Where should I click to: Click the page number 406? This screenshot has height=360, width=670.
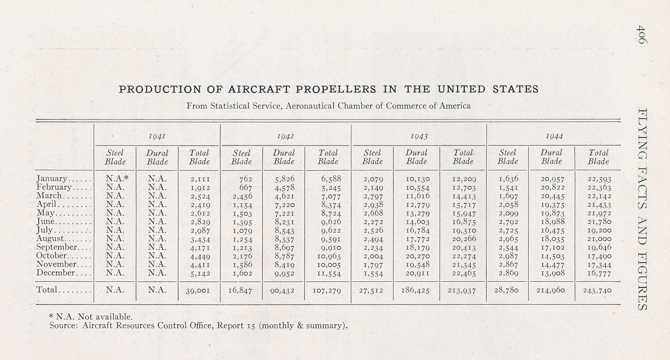[x=642, y=35]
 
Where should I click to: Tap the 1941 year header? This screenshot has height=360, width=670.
[x=157, y=136]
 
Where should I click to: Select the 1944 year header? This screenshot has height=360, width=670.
[x=554, y=136]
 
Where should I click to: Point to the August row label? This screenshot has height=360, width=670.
[x=50, y=239]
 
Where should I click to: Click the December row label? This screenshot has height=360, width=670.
[x=55, y=273]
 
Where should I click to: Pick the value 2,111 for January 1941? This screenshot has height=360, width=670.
[x=200, y=179]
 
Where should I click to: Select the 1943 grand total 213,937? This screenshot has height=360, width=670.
[x=462, y=290]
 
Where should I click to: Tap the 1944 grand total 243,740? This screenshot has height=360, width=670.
[x=597, y=290]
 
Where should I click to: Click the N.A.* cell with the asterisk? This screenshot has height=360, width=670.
[x=117, y=179]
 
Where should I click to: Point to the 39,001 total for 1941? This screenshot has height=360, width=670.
[x=198, y=290]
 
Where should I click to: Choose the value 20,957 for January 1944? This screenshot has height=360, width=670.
[x=552, y=179]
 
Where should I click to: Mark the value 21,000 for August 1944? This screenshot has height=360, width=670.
[x=600, y=239]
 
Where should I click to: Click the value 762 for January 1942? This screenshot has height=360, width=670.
[x=246, y=179]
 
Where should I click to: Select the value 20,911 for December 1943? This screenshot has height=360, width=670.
[x=418, y=273]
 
